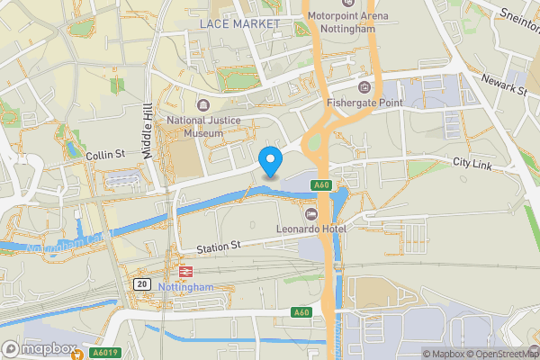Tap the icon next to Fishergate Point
[364, 86]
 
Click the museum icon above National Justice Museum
[200, 104]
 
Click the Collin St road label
[104, 156]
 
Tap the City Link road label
[472, 164]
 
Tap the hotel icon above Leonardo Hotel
[311, 213]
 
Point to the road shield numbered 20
[141, 283]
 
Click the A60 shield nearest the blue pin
[323, 185]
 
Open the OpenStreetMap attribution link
[500, 354]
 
